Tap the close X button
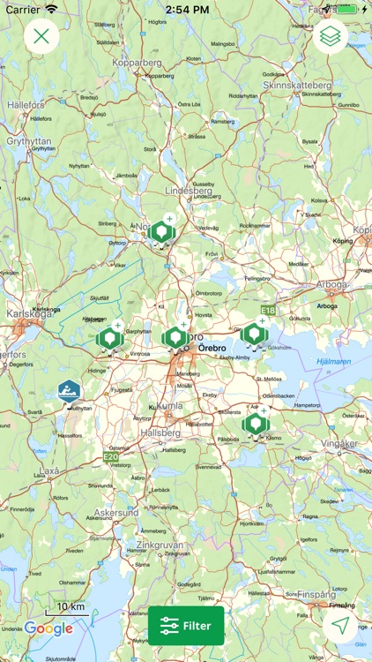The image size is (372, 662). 41,37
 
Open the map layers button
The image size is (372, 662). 331,37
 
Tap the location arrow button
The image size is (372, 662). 340,626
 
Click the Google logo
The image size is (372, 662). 48,628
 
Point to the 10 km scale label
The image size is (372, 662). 71,607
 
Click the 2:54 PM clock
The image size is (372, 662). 186,9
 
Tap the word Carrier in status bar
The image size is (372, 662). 23,9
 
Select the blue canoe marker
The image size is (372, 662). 69,392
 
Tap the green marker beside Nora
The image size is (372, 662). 161,232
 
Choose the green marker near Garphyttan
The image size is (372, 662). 109,338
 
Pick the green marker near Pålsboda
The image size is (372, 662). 256,425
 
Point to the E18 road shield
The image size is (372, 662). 268,311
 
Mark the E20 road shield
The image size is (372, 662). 110,456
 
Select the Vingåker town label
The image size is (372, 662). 340,443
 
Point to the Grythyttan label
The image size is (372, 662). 30,140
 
